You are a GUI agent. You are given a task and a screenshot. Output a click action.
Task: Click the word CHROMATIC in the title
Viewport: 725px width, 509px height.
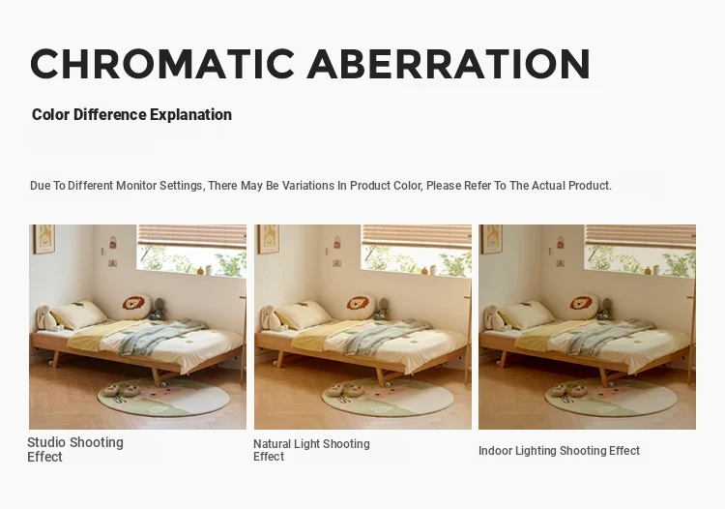click(161, 64)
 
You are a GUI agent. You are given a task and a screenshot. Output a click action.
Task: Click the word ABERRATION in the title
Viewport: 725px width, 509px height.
click(449, 64)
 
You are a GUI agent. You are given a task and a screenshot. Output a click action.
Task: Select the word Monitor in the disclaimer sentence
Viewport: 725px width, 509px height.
click(136, 186)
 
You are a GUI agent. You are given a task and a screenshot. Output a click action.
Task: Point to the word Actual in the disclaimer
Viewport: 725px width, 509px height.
click(548, 186)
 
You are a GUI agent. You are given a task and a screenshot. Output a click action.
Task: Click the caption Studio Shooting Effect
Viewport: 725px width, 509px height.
click(75, 449)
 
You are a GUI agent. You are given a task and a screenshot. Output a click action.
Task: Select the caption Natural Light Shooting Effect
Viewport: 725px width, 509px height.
click(311, 450)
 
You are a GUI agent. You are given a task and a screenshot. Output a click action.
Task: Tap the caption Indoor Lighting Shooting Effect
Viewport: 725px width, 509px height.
click(559, 451)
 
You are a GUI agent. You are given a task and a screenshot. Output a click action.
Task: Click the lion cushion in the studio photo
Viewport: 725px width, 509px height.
click(136, 307)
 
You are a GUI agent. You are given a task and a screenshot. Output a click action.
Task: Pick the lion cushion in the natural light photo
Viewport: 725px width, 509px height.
click(361, 307)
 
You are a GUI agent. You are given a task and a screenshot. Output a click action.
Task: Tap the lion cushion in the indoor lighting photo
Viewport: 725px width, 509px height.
click(585, 307)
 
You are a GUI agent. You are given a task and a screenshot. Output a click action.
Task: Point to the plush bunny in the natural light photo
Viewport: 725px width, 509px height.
click(272, 317)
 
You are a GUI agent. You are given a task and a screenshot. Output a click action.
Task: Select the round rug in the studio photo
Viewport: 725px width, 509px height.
click(163, 397)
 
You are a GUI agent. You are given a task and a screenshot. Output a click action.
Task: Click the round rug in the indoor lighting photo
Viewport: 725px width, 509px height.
click(611, 397)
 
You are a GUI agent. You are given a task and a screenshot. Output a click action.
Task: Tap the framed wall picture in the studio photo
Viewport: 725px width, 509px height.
click(43, 239)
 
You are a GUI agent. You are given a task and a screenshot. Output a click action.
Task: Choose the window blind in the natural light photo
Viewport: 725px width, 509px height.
click(417, 236)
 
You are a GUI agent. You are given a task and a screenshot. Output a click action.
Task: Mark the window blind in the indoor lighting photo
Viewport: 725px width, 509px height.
click(640, 236)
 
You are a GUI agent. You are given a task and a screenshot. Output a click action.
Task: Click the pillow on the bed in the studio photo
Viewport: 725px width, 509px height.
click(78, 314)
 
